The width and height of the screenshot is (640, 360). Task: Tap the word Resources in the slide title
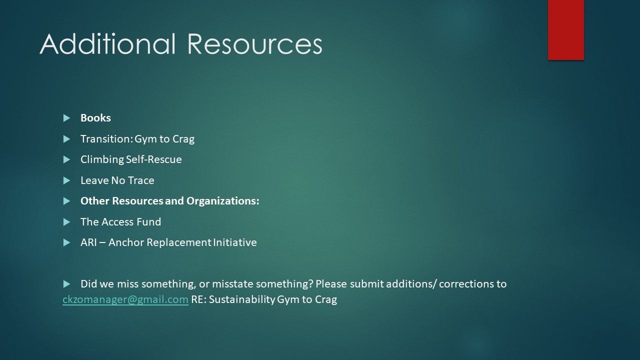coord(254,44)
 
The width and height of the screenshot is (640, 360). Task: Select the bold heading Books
coord(95,118)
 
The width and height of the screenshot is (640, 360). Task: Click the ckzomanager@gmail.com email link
coord(125,299)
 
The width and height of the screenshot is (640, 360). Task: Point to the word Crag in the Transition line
coord(183,139)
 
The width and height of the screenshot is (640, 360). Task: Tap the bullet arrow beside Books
coord(67,118)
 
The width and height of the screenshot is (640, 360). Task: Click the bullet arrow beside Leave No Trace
coord(67,180)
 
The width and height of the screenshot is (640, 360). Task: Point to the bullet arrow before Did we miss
coord(67,284)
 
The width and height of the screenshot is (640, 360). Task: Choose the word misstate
coord(232,284)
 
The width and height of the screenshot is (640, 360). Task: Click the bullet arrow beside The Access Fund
coord(67,222)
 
